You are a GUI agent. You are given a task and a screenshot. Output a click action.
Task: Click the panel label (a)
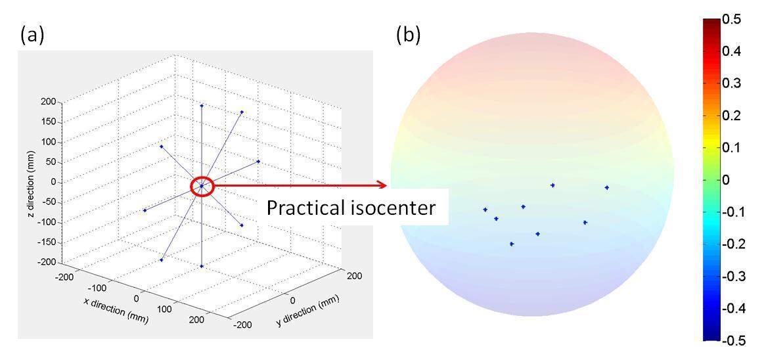pos(32,35)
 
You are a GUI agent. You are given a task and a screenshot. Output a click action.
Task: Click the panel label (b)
pos(408,35)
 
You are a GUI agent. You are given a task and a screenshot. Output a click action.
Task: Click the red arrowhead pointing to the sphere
pos(382,185)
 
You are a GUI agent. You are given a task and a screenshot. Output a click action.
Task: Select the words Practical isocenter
pos(350,208)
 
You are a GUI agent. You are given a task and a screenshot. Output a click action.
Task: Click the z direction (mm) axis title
pos(31,182)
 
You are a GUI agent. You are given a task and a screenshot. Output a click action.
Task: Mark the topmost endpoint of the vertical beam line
pos(202,105)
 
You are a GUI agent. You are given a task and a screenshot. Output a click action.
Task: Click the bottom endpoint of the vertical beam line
pos(202,266)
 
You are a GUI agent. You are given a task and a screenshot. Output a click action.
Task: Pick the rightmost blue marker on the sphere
pos(606,187)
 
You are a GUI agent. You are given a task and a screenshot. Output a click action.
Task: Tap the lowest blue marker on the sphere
pos(512,244)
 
